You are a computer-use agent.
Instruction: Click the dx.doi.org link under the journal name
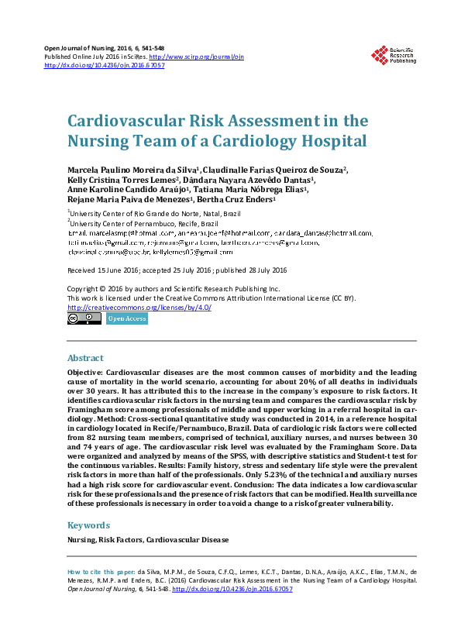[x=105, y=66]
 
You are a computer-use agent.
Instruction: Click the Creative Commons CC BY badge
[x=84, y=318]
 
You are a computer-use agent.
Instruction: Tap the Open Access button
[x=126, y=318]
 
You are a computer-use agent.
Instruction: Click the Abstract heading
[x=85, y=359]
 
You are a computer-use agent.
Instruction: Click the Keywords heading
[x=88, y=524]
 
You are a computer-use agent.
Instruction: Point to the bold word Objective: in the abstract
[x=85, y=373]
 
